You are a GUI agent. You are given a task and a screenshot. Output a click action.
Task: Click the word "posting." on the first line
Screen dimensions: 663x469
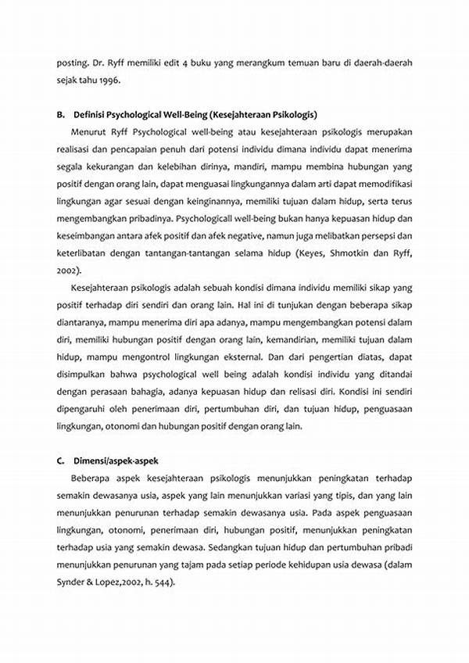(x=71, y=61)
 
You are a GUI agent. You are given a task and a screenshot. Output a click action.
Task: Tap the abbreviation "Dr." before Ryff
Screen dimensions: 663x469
(x=98, y=61)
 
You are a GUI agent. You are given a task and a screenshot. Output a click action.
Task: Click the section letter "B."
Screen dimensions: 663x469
(x=60, y=114)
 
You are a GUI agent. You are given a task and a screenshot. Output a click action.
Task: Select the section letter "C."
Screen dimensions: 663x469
(x=60, y=460)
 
